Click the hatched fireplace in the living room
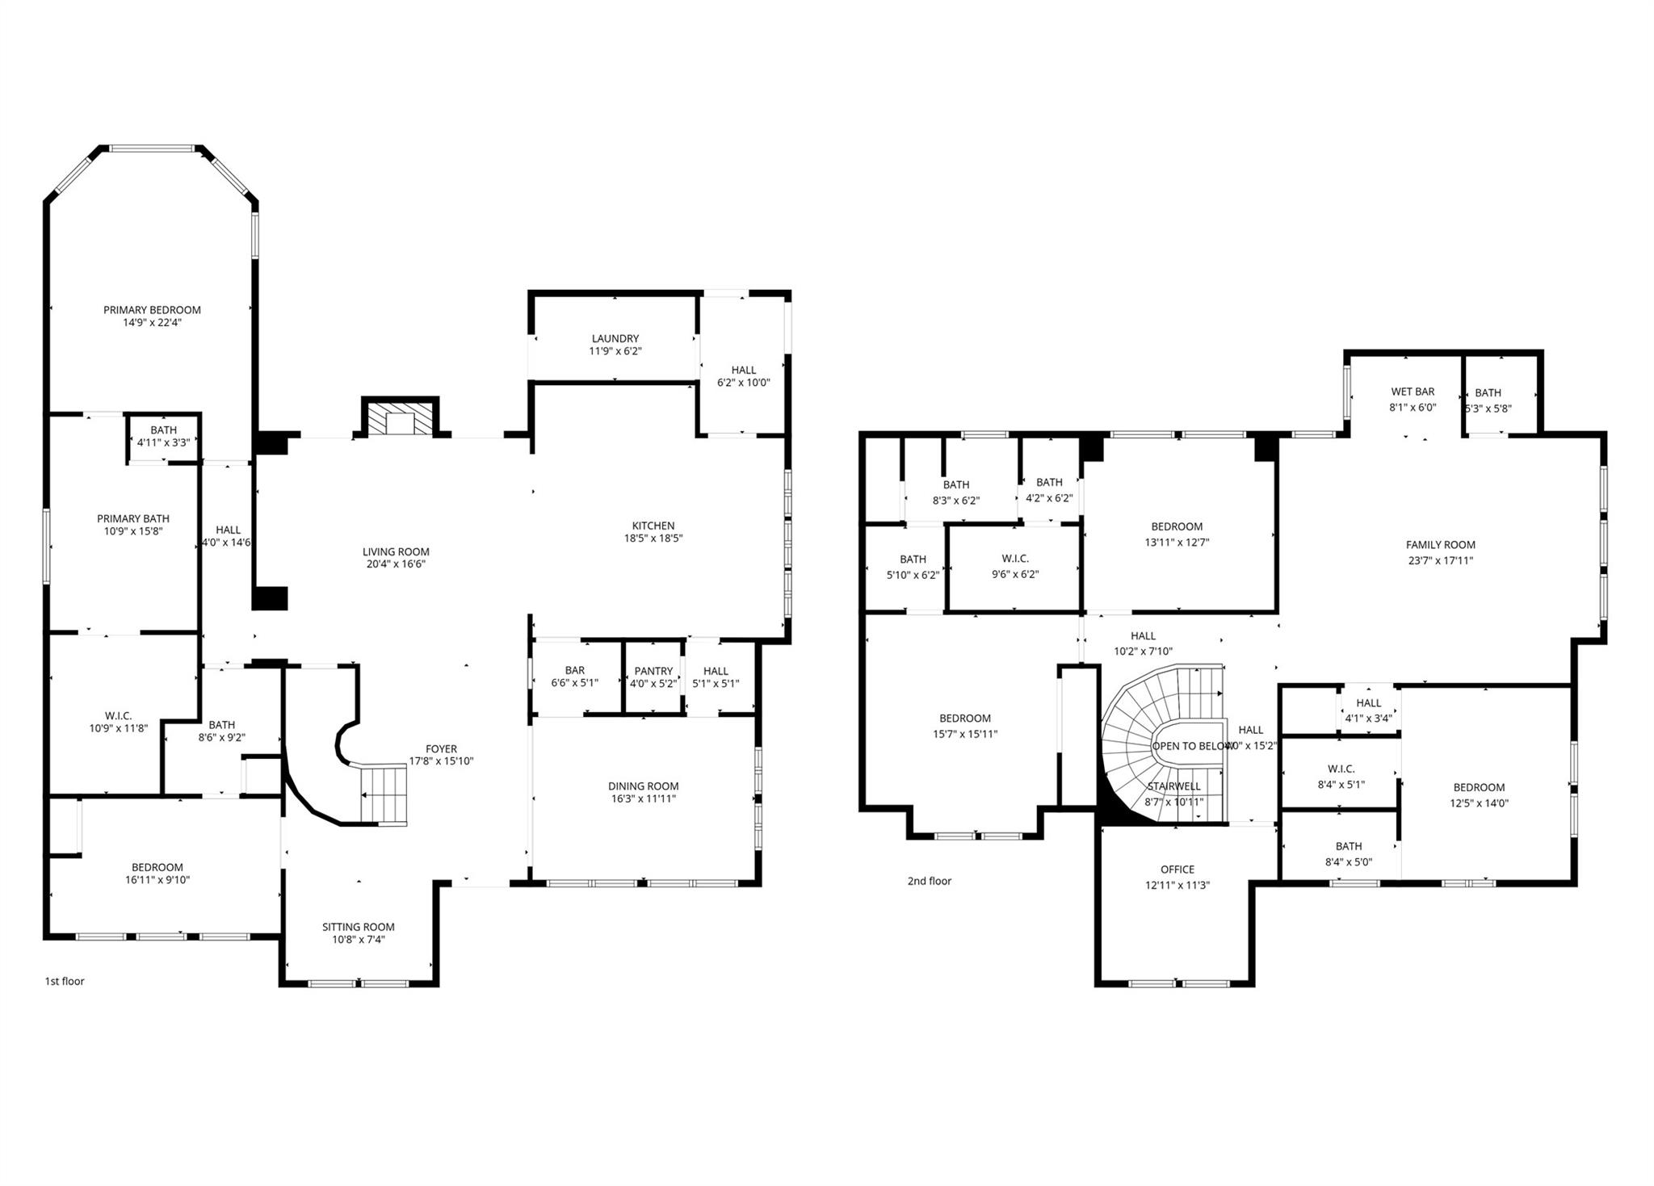[400, 418]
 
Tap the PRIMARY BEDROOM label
[152, 310]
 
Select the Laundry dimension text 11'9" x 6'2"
[615, 351]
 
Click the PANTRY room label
[653, 671]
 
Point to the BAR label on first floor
[574, 670]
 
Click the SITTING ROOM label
[358, 927]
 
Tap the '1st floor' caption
[65, 981]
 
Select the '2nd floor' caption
[929, 881]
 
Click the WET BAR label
[1413, 392]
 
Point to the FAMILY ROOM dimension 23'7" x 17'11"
[1440, 560]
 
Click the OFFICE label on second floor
[1177, 870]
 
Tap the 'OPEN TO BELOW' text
[1189, 746]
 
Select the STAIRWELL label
[1173, 786]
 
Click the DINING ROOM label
[643, 786]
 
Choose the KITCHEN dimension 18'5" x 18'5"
[653, 539]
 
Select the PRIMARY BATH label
[133, 518]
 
